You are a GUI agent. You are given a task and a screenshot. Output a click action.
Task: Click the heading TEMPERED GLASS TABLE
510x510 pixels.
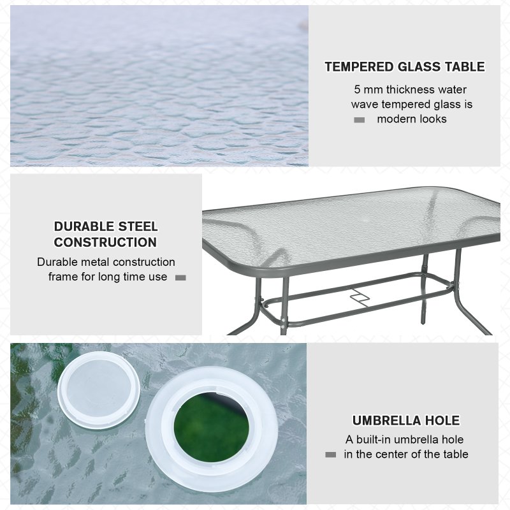coord(404,67)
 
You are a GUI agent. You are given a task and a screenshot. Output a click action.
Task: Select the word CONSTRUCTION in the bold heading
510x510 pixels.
coord(105,242)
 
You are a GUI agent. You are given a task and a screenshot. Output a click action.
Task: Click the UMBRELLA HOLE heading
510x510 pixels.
coord(405,421)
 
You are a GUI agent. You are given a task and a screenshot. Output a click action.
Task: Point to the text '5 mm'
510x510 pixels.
coord(367,90)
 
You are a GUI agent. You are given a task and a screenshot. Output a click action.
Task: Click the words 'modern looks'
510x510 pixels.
coord(412,119)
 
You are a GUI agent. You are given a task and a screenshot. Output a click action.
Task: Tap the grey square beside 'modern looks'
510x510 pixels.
coord(359,120)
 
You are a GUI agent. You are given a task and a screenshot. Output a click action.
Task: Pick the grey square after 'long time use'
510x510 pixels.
coord(180,278)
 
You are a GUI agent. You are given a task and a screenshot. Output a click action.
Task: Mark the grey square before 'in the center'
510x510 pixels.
coord(330,455)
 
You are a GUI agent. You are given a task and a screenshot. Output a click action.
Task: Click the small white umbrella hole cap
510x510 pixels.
coord(99,381)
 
